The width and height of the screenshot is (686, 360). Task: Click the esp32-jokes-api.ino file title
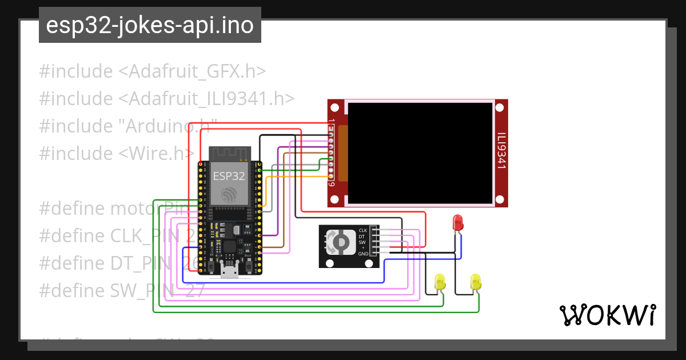click(150, 25)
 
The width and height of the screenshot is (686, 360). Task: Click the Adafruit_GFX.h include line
click(153, 71)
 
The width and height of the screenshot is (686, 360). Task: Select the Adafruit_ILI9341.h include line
click(167, 99)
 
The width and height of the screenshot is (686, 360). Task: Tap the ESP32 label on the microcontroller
click(229, 176)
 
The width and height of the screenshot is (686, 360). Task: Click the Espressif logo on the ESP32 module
click(230, 194)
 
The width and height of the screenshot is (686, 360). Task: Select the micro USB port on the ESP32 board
click(230, 271)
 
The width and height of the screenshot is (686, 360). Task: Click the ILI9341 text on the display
click(501, 151)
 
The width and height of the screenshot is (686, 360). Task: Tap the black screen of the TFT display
click(420, 153)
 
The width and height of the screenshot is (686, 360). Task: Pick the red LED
click(457, 222)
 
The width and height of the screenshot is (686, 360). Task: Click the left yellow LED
click(440, 282)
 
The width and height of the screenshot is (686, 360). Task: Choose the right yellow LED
click(476, 282)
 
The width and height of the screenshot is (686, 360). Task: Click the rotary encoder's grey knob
click(340, 243)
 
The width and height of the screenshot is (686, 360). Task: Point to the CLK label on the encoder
click(362, 230)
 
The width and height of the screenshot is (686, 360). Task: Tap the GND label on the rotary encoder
click(362, 254)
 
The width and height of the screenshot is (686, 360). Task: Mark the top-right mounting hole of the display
click(501, 107)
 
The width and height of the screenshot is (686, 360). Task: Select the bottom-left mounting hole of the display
click(335, 199)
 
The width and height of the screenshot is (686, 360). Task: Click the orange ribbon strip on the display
click(343, 153)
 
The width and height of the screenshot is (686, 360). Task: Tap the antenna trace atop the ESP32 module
click(230, 154)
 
